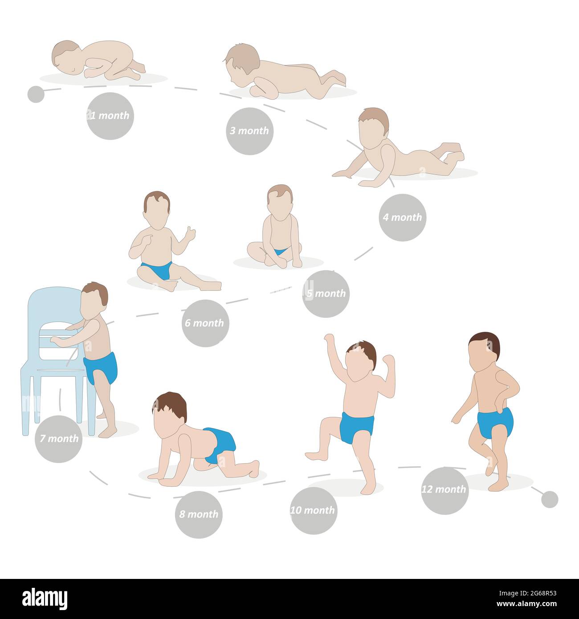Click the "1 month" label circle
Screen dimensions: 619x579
110,116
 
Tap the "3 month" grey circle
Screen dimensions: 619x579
249,131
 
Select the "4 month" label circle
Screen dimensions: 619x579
403,217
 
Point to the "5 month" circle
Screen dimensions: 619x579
326,293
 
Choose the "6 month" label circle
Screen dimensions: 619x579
205,323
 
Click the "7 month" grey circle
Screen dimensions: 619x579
58,439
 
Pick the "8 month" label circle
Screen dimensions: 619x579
199,514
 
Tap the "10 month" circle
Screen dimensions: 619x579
314,510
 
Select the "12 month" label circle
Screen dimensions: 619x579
444,490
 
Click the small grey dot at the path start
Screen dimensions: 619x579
36,94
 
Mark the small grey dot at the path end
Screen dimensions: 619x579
550,500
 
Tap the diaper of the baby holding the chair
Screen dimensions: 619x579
101,367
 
